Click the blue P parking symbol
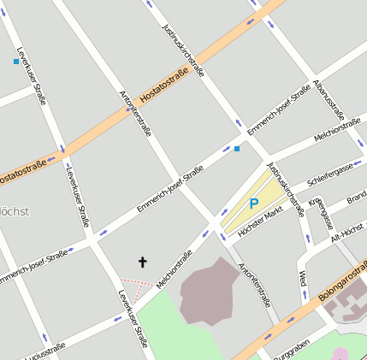pyautogui.click(x=253, y=204)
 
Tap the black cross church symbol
pyautogui.click(x=143, y=262)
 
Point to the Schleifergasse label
pyautogui.click(x=329, y=174)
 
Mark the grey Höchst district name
pyautogui.click(x=14, y=211)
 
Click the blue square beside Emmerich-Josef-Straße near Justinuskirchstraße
pyautogui.click(x=237, y=149)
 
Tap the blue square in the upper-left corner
pyautogui.click(x=16, y=62)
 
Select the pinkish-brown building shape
pyautogui.click(x=207, y=291)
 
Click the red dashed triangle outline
pyautogui.click(x=136, y=284)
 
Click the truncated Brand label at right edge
pyautogui.click(x=356, y=199)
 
